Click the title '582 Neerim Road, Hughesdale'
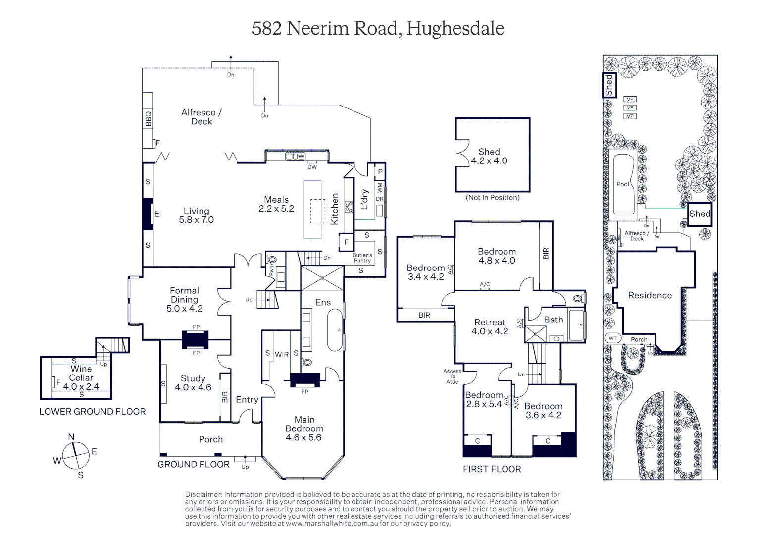point(378,28)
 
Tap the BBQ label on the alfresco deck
point(148,119)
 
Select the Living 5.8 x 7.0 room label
point(196,215)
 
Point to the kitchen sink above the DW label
point(296,157)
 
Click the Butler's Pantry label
point(362,258)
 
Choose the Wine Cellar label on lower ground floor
point(81,377)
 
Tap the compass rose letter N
point(71,437)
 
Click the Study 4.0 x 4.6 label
point(193,383)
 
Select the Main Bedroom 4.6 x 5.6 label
point(304,428)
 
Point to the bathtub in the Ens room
point(335,330)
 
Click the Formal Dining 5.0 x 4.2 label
point(184,299)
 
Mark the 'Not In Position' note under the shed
point(493,198)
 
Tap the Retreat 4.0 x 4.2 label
point(489,327)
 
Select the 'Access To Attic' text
point(452,376)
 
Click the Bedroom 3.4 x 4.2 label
point(426,272)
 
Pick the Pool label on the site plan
point(622,184)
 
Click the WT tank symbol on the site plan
point(613,338)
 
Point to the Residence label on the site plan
point(650,296)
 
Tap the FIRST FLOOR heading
point(492,469)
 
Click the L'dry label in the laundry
point(365,199)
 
